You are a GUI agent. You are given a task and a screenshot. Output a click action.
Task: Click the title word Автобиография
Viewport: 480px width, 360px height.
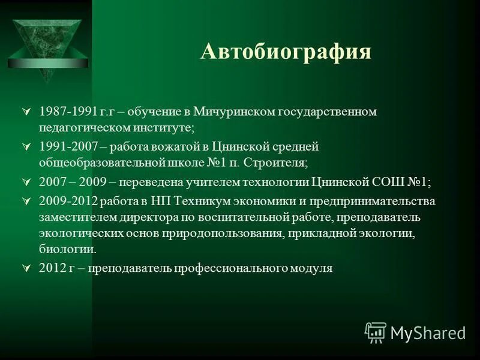(x=286, y=52)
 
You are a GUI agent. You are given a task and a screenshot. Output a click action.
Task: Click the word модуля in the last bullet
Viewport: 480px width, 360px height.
(x=311, y=268)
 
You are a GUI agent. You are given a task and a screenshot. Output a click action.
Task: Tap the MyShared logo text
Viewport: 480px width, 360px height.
(x=428, y=332)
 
